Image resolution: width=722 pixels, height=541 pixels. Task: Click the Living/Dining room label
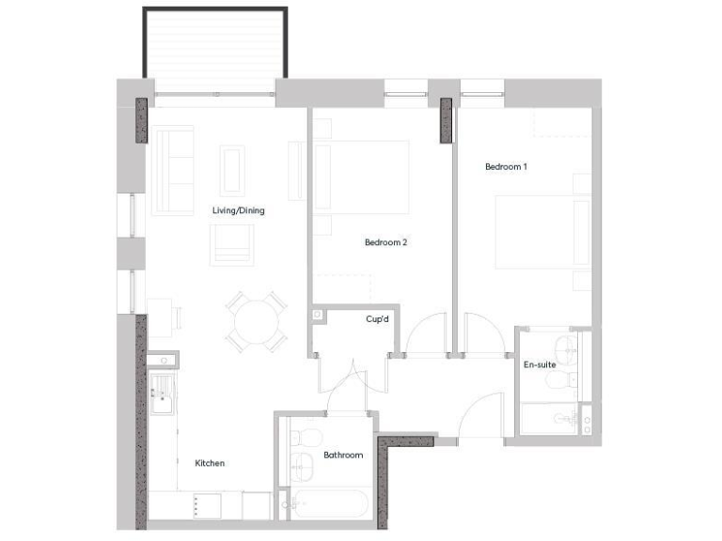(239, 210)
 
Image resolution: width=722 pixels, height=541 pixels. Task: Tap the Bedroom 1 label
(506, 167)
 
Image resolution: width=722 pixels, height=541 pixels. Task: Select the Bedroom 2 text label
(385, 242)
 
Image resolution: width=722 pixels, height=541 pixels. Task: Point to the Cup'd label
(378, 319)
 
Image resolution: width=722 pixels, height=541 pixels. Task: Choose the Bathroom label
(343, 456)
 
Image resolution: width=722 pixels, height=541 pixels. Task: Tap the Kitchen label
(210, 463)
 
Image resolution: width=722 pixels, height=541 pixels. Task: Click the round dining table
(256, 322)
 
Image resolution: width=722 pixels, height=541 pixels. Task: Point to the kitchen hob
(207, 505)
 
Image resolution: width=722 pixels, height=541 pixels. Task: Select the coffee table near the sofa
(232, 170)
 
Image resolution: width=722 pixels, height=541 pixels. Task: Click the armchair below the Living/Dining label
(232, 244)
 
